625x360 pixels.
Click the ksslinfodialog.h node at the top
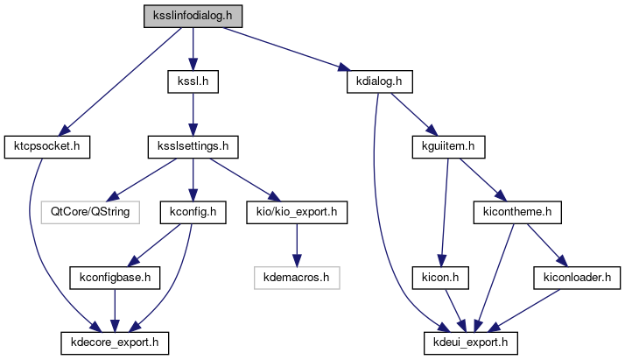coord(193,17)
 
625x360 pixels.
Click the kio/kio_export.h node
coord(298,211)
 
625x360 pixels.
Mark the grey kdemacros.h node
coord(298,278)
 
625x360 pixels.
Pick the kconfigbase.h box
coord(111,278)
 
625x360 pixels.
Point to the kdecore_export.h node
coord(114,339)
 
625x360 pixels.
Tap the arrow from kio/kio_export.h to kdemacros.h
coord(298,244)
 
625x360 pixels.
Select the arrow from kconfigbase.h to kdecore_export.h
coord(112,308)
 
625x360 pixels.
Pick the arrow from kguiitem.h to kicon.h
coord(444,211)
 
